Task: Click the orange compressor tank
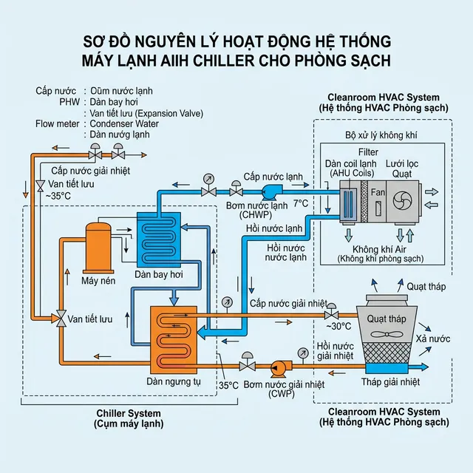pos(98,247)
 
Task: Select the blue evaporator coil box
pos(158,239)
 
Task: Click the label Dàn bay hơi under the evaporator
pos(157,275)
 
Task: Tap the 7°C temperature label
pos(299,202)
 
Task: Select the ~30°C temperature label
pos(338,326)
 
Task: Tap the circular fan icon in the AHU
pos(404,200)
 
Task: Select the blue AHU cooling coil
pos(347,201)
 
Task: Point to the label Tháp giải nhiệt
pos(390,382)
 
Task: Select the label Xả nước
pos(433,338)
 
